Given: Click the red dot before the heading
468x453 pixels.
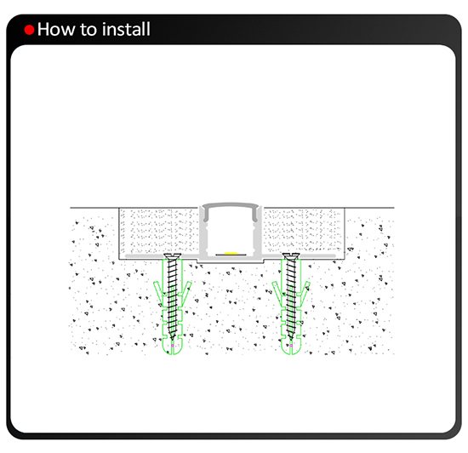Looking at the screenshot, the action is pyautogui.click(x=29, y=30).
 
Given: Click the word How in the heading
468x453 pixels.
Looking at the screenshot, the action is pyautogui.click(x=56, y=30).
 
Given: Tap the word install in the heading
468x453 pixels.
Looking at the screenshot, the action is pyautogui.click(x=126, y=29).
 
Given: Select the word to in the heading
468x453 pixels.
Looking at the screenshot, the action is pyautogui.click(x=88, y=30).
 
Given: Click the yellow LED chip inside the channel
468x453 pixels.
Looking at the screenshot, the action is pyautogui.click(x=231, y=253).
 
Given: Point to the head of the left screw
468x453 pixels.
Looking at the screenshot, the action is pyautogui.click(x=172, y=256).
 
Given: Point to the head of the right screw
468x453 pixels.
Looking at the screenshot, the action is pyautogui.click(x=291, y=256).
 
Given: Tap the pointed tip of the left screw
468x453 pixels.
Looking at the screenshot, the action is pyautogui.click(x=172, y=340).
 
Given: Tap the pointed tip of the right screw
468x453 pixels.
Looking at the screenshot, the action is pyautogui.click(x=291, y=340).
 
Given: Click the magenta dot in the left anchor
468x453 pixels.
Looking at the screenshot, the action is pyautogui.click(x=172, y=345).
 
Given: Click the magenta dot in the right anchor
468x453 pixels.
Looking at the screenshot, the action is pyautogui.click(x=291, y=345).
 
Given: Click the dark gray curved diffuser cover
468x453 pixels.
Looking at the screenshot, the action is pyautogui.click(x=230, y=205).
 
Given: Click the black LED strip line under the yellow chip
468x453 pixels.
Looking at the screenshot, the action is pyautogui.click(x=231, y=255).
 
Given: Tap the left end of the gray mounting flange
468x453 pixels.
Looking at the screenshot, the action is pyautogui.click(x=127, y=256).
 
